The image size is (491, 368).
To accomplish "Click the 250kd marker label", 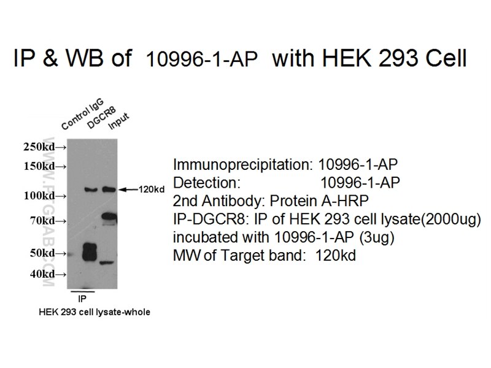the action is tap(39, 147).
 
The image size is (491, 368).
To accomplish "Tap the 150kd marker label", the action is tap(39, 166).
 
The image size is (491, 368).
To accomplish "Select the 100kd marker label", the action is tap(39, 196).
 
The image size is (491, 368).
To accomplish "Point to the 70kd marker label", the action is tap(42, 221).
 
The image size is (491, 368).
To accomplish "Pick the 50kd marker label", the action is tap(42, 253).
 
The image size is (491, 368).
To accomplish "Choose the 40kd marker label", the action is tap(42, 274).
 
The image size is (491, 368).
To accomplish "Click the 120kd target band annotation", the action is tap(152, 190).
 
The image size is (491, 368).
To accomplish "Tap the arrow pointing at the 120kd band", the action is tap(128, 190).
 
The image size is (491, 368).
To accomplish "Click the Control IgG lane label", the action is tap(82, 113).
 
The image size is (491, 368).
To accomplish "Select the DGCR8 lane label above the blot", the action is tap(101, 117).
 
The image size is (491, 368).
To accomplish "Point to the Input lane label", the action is tap(118, 121).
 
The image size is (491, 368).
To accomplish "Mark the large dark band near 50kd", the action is tap(89, 252).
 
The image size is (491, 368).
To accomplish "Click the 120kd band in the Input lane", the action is tap(109, 189).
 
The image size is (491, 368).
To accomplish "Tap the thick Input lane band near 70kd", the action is tap(109, 217).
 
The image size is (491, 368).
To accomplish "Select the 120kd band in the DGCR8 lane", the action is tap(91, 189).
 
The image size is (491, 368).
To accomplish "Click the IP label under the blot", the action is tap(82, 299).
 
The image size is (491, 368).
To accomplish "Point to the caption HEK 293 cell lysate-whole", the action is tap(95, 312).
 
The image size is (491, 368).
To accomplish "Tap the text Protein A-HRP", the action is tap(319, 201).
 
